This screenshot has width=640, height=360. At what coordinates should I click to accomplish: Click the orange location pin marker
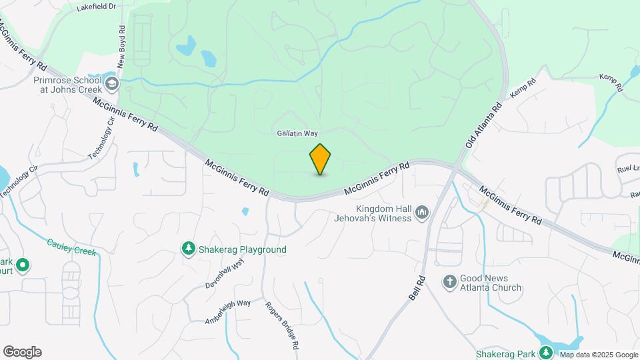pos(321,159)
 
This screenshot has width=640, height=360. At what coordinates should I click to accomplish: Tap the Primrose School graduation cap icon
pos(111,84)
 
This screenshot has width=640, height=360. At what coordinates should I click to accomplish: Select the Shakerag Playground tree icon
pos(189,249)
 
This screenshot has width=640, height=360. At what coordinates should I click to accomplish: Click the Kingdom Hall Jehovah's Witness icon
pos(421,213)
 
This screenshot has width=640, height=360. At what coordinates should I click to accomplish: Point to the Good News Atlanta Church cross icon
pos(449,282)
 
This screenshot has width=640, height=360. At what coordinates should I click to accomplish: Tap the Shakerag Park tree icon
pos(547,353)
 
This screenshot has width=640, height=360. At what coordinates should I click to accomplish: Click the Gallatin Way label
pos(297,133)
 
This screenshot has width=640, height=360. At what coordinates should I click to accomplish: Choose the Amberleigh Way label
pos(228,312)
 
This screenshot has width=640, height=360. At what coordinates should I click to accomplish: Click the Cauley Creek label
pos(71,247)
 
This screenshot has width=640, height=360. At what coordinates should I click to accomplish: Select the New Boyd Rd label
pos(121,49)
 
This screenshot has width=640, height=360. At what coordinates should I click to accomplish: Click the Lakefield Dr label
pos(96,7)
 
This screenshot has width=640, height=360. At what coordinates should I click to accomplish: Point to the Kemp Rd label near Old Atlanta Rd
pos(523,90)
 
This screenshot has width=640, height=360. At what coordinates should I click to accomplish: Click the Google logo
pos(22,352)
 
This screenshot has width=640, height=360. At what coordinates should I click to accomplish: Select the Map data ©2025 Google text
pos(598,354)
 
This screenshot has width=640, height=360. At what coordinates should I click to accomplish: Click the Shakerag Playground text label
pos(243,249)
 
